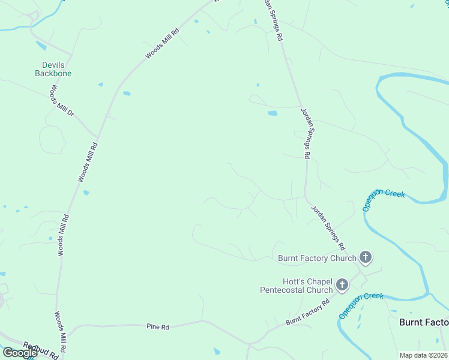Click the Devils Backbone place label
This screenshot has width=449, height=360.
coord(57,68)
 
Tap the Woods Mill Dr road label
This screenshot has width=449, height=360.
coord(62,101)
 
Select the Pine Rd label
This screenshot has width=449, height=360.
coord(158,327)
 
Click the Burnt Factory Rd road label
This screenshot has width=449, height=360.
coord(309,313)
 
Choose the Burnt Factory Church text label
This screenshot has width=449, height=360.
coord(318,258)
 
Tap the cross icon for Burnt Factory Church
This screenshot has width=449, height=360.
coord(366,258)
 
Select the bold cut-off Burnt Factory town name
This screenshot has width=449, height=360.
coord(424,322)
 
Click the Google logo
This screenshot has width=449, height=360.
coord(19,353)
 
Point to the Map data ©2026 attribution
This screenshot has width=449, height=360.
coord(423,355)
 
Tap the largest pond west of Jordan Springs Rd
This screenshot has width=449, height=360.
coord(273,113)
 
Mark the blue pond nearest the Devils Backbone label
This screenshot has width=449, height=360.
coord(41,46)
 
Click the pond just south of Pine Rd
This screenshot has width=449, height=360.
coord(217,351)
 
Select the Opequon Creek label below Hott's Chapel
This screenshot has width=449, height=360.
coord(360,305)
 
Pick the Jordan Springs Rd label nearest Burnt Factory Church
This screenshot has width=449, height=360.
coord(328,228)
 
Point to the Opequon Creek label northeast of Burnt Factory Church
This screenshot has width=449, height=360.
coord(384,202)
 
